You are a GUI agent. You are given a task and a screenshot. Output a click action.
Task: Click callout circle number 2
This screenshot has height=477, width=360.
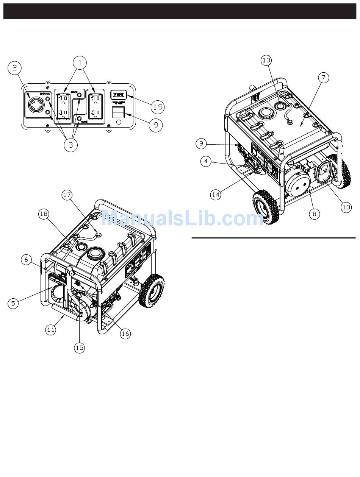[x=15, y=68]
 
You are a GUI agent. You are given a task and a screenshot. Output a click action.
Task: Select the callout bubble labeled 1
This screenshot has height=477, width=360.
[x=80, y=62]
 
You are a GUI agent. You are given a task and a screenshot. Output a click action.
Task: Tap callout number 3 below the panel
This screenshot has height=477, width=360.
[x=71, y=145]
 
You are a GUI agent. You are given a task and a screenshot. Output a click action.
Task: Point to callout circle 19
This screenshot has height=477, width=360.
[x=158, y=107]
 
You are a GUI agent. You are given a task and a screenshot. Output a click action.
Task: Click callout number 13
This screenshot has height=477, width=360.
[x=266, y=61]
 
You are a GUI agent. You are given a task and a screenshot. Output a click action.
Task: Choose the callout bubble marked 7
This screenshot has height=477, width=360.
[x=323, y=77]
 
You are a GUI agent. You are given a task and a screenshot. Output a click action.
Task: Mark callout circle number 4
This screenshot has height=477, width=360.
[x=206, y=162]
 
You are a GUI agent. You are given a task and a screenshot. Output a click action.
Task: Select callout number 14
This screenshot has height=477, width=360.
[x=216, y=195]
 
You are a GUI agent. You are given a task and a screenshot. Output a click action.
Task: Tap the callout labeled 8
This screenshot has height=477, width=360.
[x=314, y=214]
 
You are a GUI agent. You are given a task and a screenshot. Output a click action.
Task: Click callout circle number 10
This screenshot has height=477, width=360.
[x=346, y=207]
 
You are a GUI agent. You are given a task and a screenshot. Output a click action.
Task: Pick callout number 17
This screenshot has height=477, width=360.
[x=67, y=195]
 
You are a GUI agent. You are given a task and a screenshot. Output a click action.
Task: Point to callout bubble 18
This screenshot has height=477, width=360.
[x=44, y=214]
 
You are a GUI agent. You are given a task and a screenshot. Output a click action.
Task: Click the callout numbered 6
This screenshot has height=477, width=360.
[x=26, y=260]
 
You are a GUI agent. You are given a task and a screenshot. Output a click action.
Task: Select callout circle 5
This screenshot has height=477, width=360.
[x=13, y=303]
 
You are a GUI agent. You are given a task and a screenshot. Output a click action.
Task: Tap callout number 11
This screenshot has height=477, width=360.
[x=51, y=330]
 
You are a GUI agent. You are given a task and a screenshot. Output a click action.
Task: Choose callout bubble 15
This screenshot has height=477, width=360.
[x=80, y=348]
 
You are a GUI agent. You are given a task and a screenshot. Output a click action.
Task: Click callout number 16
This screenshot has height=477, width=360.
[x=125, y=333]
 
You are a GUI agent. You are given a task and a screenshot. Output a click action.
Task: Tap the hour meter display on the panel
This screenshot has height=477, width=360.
[x=118, y=94]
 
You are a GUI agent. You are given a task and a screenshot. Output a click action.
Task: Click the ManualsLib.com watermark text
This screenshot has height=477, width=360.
[x=182, y=219]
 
